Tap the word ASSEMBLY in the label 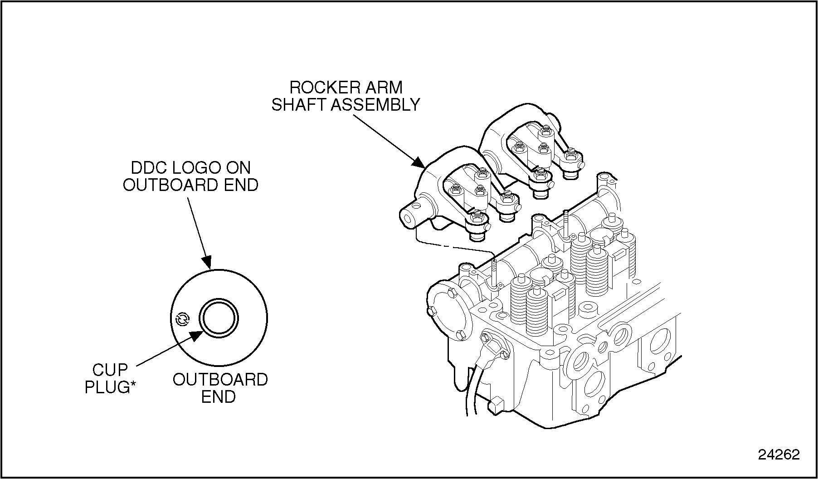pyautogui.click(x=375, y=105)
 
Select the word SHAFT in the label pyautogui.click(x=299, y=105)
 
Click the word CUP pyautogui.click(x=110, y=370)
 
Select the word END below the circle pyautogui.click(x=219, y=397)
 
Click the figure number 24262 pyautogui.click(x=779, y=455)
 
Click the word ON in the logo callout pyautogui.click(x=239, y=168)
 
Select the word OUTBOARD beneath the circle pyautogui.click(x=220, y=380)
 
